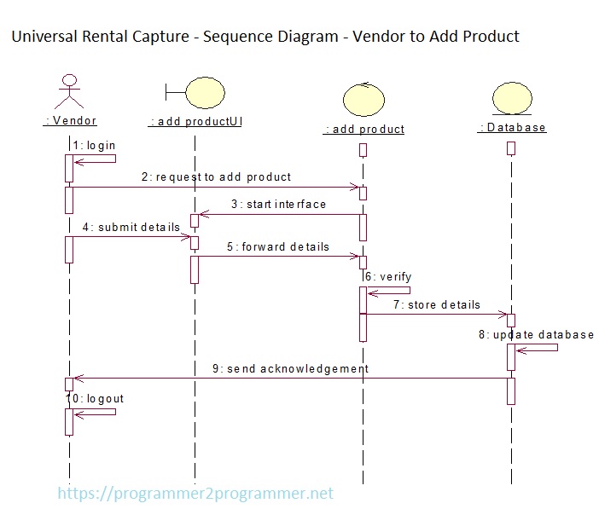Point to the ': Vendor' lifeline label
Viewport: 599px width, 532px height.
(x=70, y=121)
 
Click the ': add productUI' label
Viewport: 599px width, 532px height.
(x=195, y=122)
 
